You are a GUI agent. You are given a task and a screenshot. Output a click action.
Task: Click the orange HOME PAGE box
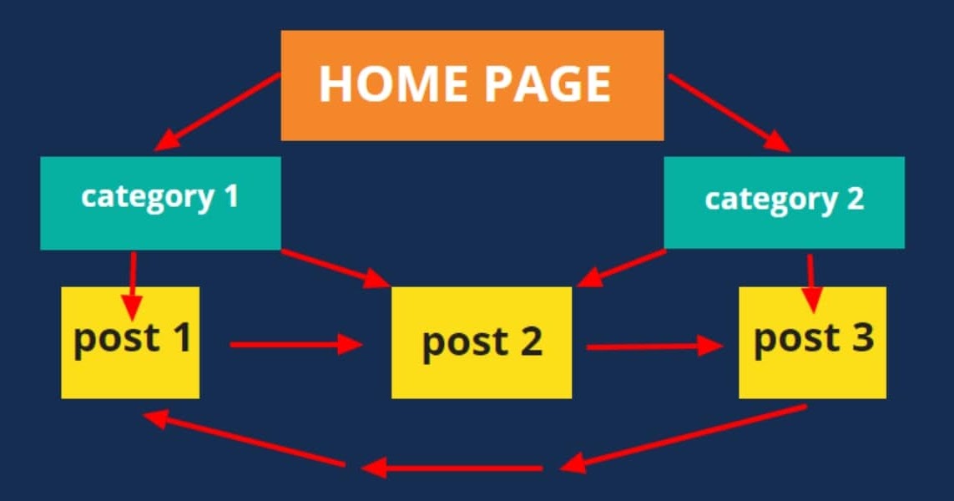(x=472, y=85)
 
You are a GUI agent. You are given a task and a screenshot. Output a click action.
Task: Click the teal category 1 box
(x=159, y=202)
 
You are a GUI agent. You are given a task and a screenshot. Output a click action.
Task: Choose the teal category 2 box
(x=784, y=202)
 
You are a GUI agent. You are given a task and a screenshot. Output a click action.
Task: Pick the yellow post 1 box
(x=130, y=342)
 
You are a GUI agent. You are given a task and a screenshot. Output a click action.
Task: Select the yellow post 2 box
(x=482, y=342)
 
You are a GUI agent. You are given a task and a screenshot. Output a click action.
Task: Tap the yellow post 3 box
(x=812, y=342)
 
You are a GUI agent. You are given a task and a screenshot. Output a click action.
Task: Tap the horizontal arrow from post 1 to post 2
(x=295, y=343)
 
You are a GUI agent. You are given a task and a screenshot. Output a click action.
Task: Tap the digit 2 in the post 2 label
(x=529, y=342)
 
